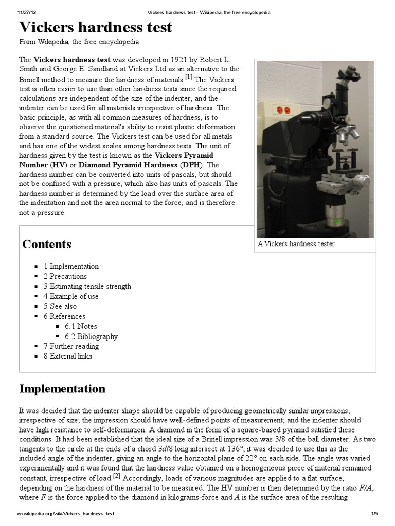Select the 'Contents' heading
(x=47, y=244)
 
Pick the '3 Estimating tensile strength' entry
(x=87, y=286)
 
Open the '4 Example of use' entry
(x=71, y=296)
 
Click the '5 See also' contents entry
(x=60, y=306)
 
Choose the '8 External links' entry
(x=68, y=356)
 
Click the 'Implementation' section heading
(x=62, y=388)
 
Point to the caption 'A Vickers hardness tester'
(x=296, y=243)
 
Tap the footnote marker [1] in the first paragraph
(x=189, y=78)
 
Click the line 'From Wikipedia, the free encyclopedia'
(x=79, y=42)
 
